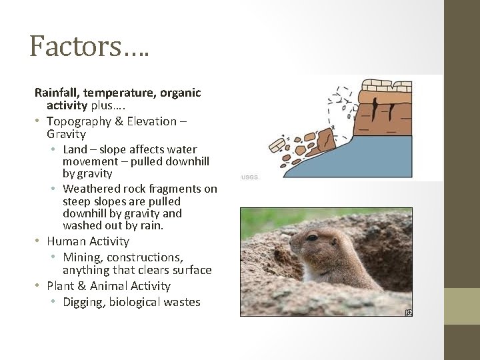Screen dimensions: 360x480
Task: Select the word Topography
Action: pos(78,121)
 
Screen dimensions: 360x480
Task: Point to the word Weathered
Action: pos(93,189)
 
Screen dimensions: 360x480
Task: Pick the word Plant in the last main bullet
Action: pos(61,286)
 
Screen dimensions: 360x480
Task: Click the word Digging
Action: pos(84,302)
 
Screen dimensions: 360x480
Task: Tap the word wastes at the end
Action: pos(182,302)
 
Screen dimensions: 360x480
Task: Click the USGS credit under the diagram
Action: pos(249,177)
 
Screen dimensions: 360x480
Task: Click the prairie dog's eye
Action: pos(313,236)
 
